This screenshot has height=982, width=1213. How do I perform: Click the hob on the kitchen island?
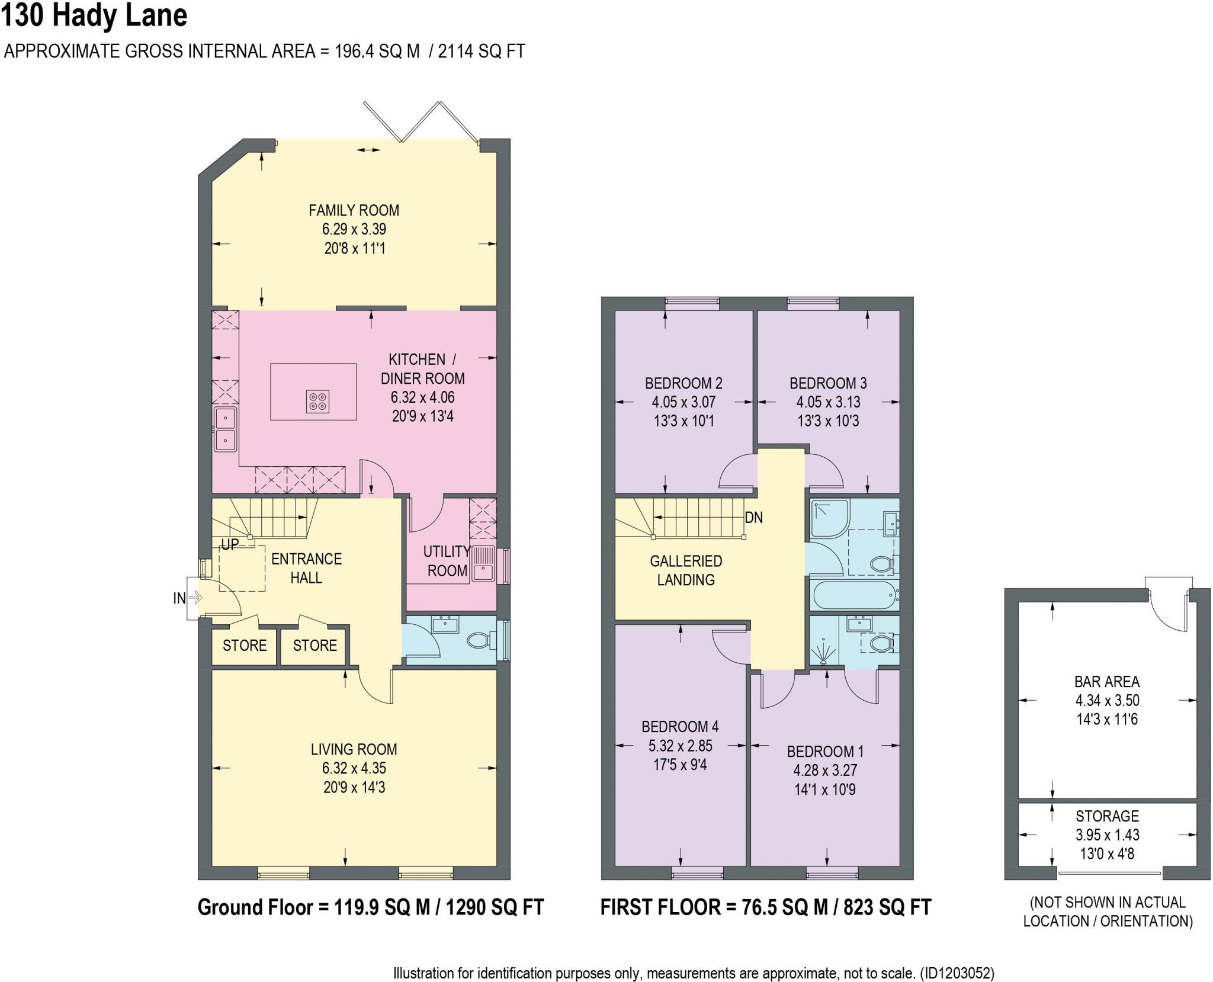pyautogui.click(x=318, y=401)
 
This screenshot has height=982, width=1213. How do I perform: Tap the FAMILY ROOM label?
pyautogui.click(x=354, y=210)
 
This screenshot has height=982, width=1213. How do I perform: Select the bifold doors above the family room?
pyautogui.click(x=421, y=123)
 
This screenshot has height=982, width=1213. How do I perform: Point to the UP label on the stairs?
pyautogui.click(x=230, y=544)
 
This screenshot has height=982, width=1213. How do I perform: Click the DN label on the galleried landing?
pyautogui.click(x=753, y=518)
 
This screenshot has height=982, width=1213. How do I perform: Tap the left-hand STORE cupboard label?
pyautogui.click(x=244, y=646)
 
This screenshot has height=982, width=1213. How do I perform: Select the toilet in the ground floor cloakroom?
pyautogui.click(x=480, y=640)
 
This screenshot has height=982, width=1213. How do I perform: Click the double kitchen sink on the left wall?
pyautogui.click(x=226, y=429)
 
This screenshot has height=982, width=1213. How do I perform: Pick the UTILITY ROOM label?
pyautogui.click(x=447, y=561)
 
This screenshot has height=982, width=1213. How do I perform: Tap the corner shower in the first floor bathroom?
pyautogui.click(x=829, y=518)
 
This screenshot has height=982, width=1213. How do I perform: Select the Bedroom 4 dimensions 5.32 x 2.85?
pyautogui.click(x=680, y=746)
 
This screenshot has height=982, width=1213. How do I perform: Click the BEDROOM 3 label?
pyautogui.click(x=827, y=383)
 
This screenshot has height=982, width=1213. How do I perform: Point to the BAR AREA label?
pyautogui.click(x=1106, y=682)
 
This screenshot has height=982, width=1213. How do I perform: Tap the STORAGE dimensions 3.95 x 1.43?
pyautogui.click(x=1106, y=835)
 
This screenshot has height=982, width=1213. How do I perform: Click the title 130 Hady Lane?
pyautogui.click(x=95, y=16)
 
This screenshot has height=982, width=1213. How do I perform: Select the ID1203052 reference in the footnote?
pyautogui.click(x=956, y=973)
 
